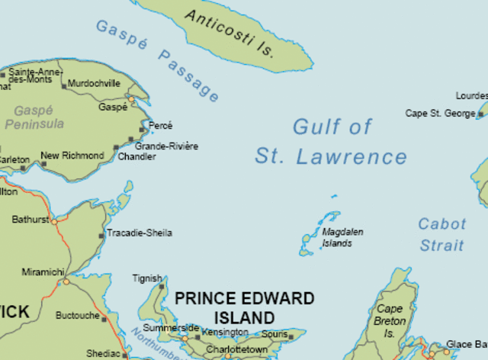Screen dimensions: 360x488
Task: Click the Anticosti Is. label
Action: pos(229,34)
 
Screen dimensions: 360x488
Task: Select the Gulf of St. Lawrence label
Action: pos(332,142)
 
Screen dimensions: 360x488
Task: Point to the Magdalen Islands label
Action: pos(342,237)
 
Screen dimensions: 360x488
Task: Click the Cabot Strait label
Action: pos(441,234)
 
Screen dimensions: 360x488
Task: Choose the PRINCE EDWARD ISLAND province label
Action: pos(244,307)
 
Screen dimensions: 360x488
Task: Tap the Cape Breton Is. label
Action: pos(389,321)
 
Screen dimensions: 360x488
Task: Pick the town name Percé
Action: pos(161,126)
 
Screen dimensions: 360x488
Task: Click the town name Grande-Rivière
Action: pos(166,146)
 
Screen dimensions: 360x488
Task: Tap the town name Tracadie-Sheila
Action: pos(140,233)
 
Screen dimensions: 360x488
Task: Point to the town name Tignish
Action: pos(147,279)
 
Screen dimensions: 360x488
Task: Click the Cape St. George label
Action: pos(440,114)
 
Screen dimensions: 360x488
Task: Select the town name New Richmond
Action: pos(72,156)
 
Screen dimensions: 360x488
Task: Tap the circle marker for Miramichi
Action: pos(66,281)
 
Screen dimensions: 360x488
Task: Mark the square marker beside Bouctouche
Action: pos(104,319)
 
